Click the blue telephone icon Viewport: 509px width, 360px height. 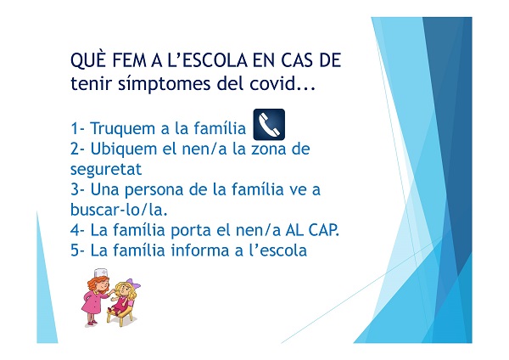[x=269, y=125]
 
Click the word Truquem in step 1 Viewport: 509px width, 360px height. [x=125, y=129]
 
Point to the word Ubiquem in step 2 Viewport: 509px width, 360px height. [x=126, y=149]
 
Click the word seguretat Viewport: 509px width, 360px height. [x=106, y=169]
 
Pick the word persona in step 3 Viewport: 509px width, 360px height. [x=154, y=190]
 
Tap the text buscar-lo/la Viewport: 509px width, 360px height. [x=119, y=210]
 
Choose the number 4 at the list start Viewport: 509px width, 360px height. [x=75, y=230]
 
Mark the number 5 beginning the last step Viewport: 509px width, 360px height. [x=75, y=250]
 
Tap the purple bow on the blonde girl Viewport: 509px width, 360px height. [x=134, y=283]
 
